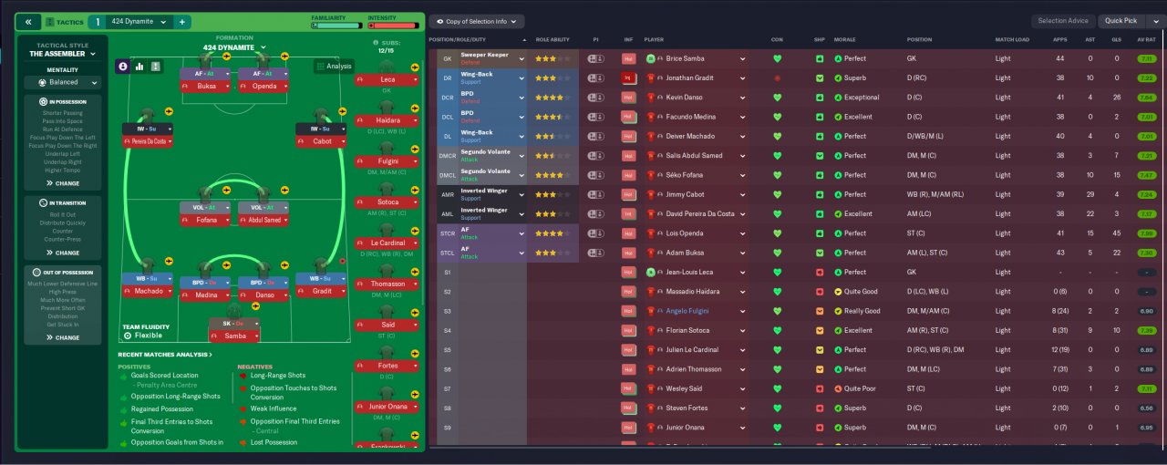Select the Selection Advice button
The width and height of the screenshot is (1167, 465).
1063,20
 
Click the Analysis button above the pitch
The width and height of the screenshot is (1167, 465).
334,66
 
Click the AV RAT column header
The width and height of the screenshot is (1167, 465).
1146,40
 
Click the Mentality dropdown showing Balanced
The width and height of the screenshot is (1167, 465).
63,82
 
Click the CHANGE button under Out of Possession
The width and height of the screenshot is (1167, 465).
63,337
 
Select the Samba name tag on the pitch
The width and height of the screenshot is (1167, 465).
234,336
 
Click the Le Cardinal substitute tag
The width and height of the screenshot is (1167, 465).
387,243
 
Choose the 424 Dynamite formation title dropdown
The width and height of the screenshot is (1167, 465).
234,47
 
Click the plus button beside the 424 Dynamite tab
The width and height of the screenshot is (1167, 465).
181,21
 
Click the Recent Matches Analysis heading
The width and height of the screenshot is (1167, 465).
165,355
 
